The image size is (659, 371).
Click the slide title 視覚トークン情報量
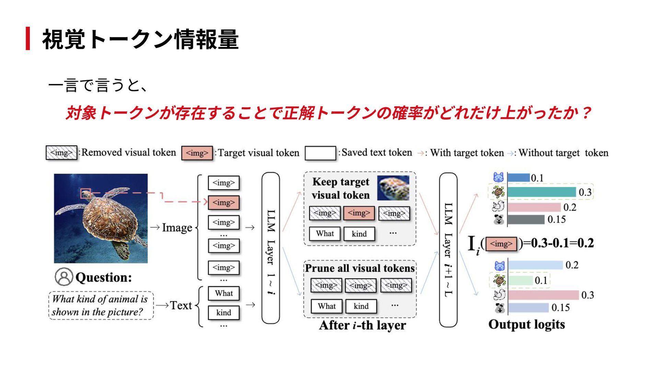[140, 39]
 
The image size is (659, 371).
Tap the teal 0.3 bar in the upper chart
[542, 192]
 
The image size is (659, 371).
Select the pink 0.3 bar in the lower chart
[543, 295]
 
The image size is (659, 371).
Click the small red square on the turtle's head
[85, 193]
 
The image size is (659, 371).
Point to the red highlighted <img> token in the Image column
[224, 202]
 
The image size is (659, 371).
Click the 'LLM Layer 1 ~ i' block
[270, 248]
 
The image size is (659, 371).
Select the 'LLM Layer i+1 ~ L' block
[448, 250]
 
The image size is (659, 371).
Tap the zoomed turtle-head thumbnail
[393, 188]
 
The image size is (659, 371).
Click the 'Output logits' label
[527, 324]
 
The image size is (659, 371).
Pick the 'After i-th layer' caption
[362, 325]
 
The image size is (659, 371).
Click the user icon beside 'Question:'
[64, 277]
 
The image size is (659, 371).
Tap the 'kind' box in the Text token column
[224, 312]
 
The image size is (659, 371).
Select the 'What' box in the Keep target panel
[325, 234]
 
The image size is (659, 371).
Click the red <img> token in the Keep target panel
[359, 213]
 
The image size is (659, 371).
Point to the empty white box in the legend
[320, 153]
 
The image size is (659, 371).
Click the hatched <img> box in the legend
[61, 153]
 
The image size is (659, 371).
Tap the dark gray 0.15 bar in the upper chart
[526, 219]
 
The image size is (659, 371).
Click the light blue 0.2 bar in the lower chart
[535, 265]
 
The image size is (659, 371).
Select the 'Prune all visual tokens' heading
[360, 268]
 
